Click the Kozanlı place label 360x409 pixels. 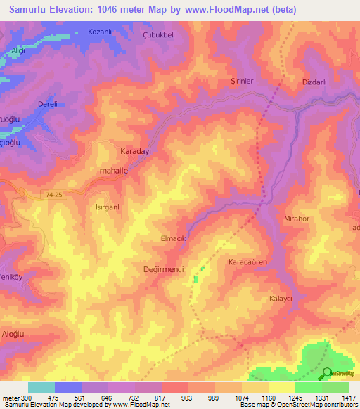pos(100,32)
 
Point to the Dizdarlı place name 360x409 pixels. pos(314,81)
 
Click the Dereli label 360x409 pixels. pos(48,103)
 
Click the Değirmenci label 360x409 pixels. pos(163,269)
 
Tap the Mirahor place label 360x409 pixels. pos(297,219)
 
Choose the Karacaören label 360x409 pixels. pos(247,262)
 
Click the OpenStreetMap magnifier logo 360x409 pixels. pos(328,374)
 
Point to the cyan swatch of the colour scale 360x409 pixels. pos(41,387)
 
